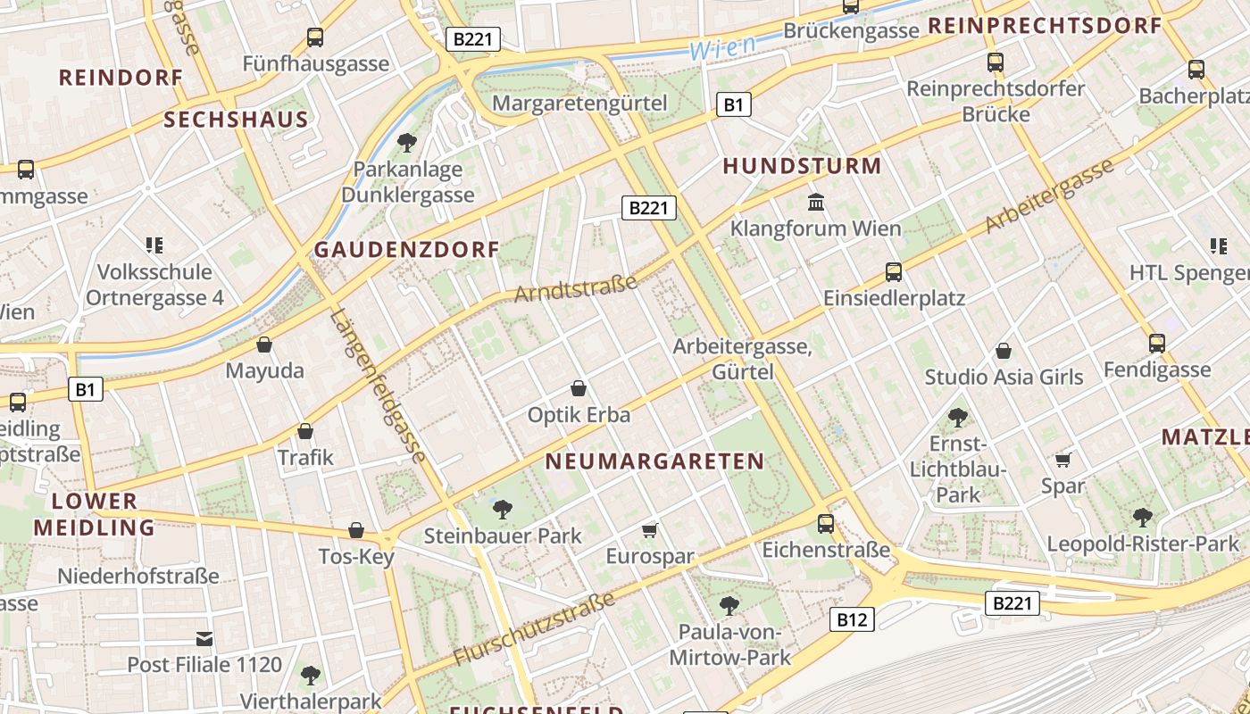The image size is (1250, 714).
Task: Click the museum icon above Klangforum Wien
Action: pyautogui.click(x=816, y=203)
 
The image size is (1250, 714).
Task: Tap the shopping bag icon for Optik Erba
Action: pyautogui.click(x=579, y=388)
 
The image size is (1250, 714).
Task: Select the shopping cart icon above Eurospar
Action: pyautogui.click(x=650, y=530)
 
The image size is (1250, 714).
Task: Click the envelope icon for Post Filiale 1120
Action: pyautogui.click(x=204, y=638)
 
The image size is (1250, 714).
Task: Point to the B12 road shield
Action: pyautogui.click(x=851, y=619)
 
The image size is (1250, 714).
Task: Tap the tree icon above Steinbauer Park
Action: pyautogui.click(x=503, y=510)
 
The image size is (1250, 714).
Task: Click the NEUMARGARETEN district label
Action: pyautogui.click(x=654, y=461)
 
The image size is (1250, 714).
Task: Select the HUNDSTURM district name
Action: pyautogui.click(x=802, y=166)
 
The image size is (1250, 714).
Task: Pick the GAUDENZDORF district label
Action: pyautogui.click(x=406, y=250)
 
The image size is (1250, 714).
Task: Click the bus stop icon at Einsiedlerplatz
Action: pyautogui.click(x=894, y=272)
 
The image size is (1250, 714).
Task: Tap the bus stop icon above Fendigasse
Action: pyautogui.click(x=1157, y=343)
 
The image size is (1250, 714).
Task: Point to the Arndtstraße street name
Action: pyautogui.click(x=576, y=288)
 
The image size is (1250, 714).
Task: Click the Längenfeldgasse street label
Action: pyautogui.click(x=379, y=386)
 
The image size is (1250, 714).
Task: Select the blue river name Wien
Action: pyautogui.click(x=723, y=47)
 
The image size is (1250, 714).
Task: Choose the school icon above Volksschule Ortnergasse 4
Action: pyautogui.click(x=154, y=245)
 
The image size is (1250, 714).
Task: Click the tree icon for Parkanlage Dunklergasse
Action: pyautogui.click(x=407, y=142)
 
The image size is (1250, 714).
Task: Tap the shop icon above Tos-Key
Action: pyautogui.click(x=356, y=530)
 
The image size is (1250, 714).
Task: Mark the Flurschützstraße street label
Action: pyautogui.click(x=534, y=628)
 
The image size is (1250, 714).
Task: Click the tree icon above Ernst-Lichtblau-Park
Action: pyautogui.click(x=957, y=417)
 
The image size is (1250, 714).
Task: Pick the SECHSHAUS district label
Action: pyautogui.click(x=237, y=120)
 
